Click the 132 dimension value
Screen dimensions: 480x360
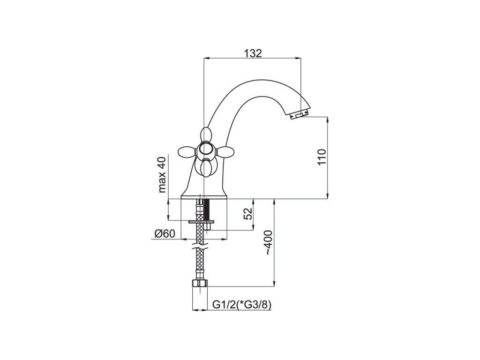253,53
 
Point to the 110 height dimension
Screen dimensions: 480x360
322,157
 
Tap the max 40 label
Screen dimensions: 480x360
162,174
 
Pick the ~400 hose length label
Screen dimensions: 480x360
268,242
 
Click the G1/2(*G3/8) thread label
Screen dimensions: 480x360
242,305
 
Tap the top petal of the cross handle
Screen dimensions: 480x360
206,135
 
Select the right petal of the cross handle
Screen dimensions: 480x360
225,151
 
